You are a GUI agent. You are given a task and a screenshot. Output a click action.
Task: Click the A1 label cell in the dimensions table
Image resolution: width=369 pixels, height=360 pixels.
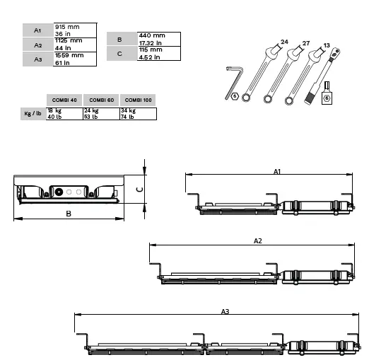click(x=37, y=30)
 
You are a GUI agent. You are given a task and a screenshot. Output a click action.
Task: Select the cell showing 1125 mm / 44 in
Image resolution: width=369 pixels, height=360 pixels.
click(x=74, y=44)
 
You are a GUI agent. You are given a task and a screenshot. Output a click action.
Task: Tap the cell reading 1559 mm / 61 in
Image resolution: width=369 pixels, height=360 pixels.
click(x=74, y=59)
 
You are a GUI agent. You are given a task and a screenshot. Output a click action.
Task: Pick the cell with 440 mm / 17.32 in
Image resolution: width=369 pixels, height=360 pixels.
click(x=158, y=38)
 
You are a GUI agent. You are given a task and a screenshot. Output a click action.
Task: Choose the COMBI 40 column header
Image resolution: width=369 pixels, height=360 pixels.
click(x=64, y=100)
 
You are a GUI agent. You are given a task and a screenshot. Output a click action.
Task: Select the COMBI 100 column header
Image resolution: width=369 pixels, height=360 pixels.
click(x=138, y=100)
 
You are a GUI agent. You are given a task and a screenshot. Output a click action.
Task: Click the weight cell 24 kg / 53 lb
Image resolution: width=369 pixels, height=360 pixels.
click(x=101, y=114)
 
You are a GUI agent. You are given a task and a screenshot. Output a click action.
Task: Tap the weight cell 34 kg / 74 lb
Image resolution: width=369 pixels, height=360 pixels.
click(x=138, y=114)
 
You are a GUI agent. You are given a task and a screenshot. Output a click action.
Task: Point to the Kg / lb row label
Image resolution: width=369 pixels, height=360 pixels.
click(x=32, y=114)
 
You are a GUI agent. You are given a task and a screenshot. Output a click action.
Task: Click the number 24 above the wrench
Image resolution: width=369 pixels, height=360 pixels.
click(x=284, y=42)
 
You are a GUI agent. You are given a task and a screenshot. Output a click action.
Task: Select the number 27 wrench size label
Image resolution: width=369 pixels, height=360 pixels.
click(x=305, y=43)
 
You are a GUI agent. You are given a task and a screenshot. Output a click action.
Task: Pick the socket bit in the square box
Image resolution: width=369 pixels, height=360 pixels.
click(x=327, y=95)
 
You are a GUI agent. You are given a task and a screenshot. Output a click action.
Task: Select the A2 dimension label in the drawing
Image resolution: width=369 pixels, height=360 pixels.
click(x=258, y=241)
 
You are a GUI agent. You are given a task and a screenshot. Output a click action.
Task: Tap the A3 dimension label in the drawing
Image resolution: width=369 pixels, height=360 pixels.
click(x=225, y=311)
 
